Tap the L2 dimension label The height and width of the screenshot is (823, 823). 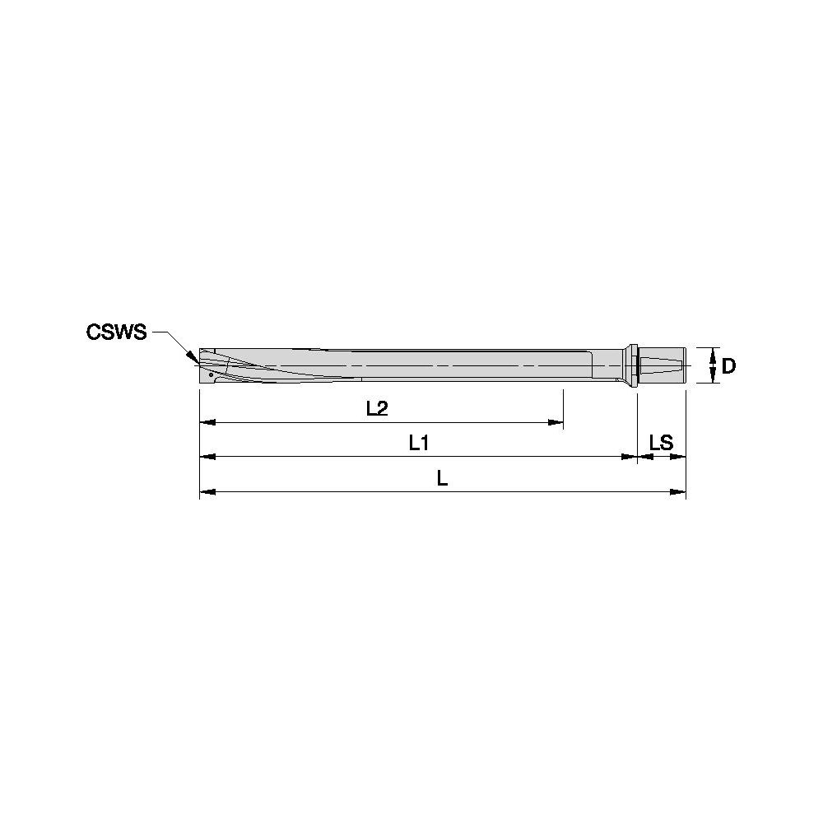(377, 408)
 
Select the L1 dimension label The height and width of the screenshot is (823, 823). (419, 443)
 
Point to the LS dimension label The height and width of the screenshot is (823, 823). (661, 443)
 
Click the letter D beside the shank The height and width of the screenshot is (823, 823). (728, 366)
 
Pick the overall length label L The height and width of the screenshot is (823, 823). (443, 478)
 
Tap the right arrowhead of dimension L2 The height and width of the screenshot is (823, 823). (556, 422)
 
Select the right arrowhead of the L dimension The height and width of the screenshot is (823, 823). (679, 492)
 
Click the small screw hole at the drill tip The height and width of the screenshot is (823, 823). (211, 374)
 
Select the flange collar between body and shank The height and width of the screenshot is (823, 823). (633, 365)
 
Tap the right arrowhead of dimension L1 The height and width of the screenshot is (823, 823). (630, 457)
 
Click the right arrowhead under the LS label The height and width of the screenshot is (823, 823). (679, 457)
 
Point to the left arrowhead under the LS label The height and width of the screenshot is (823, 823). (644, 457)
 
